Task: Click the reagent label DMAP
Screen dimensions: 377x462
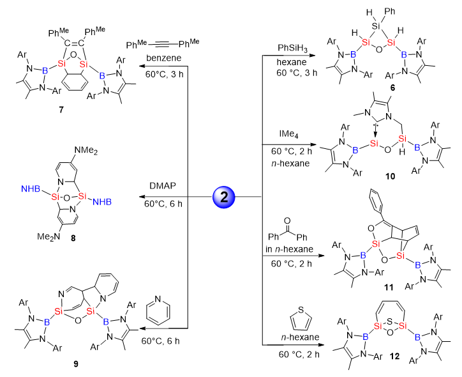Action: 165,186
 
